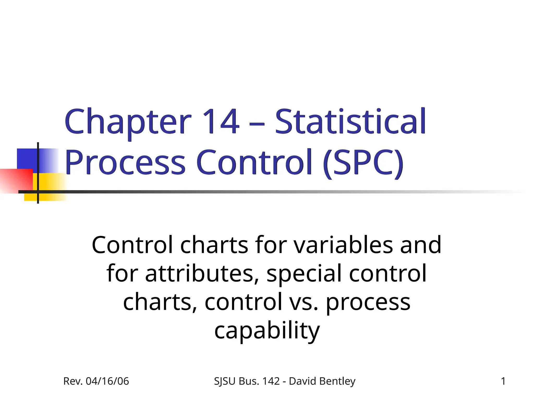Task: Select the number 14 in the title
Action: point(221,121)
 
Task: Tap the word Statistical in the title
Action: point(350,121)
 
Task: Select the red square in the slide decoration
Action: point(16,181)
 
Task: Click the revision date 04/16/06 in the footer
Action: point(107,381)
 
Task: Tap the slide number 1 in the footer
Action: point(503,381)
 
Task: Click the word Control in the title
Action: point(254,162)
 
